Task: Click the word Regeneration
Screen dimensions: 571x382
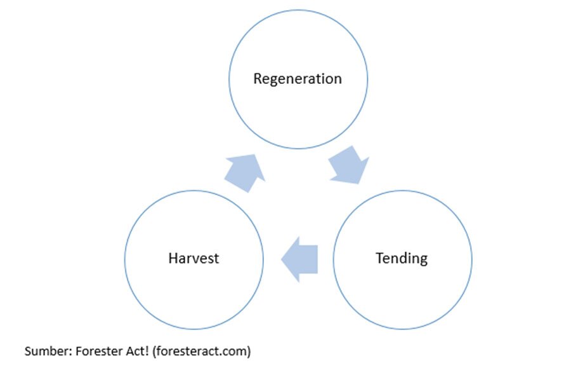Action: pyautogui.click(x=298, y=79)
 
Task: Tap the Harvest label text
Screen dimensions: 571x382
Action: pyautogui.click(x=194, y=258)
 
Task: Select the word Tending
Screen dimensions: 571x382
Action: pyautogui.click(x=402, y=259)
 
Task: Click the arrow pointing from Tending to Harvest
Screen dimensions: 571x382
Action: pyautogui.click(x=299, y=259)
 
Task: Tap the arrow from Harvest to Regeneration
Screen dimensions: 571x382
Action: pyautogui.click(x=245, y=173)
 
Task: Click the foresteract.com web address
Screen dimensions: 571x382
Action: pyautogui.click(x=202, y=351)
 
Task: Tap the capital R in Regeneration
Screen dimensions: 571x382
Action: pyautogui.click(x=258, y=78)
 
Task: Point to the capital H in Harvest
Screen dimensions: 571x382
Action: pyautogui.click(x=173, y=258)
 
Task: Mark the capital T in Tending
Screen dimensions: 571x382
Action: pyautogui.click(x=380, y=258)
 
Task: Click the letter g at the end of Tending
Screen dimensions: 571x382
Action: pyautogui.click(x=424, y=261)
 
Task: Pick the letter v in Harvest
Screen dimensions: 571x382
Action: pyautogui.click(x=197, y=260)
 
